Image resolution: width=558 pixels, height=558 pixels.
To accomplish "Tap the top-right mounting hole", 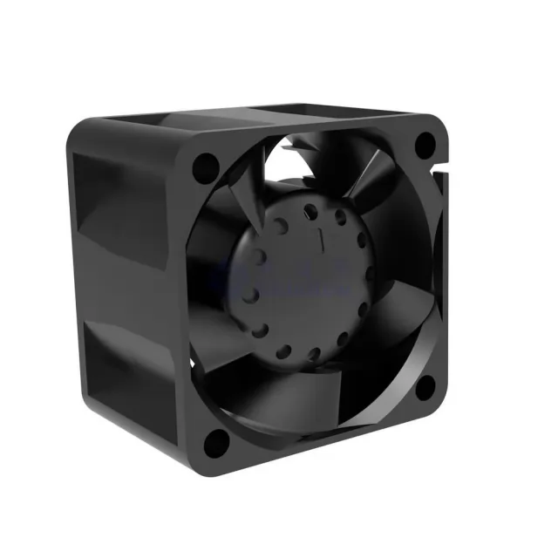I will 425,145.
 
